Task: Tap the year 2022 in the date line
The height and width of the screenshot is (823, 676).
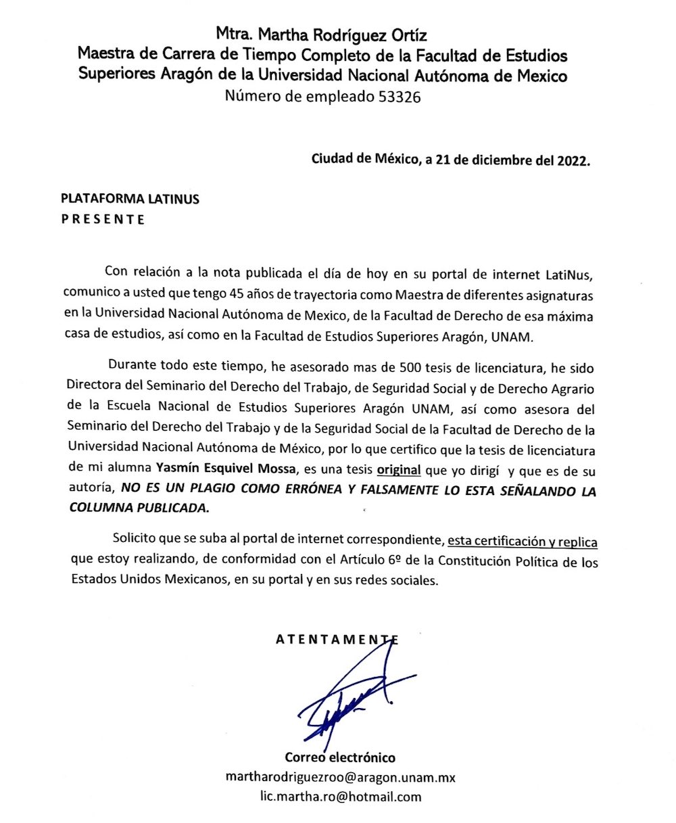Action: tap(572, 160)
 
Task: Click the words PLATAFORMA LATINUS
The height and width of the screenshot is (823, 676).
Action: tap(130, 199)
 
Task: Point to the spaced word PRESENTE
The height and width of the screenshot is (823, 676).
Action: tap(103, 219)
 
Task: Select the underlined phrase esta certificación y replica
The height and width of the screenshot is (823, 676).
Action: tap(522, 542)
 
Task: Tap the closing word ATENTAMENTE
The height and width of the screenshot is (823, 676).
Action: tap(336, 640)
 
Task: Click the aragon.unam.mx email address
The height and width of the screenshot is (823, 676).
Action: tap(340, 777)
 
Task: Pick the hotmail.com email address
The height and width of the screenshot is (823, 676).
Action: tap(340, 796)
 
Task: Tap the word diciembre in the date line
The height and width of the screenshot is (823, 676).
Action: tap(498, 160)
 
